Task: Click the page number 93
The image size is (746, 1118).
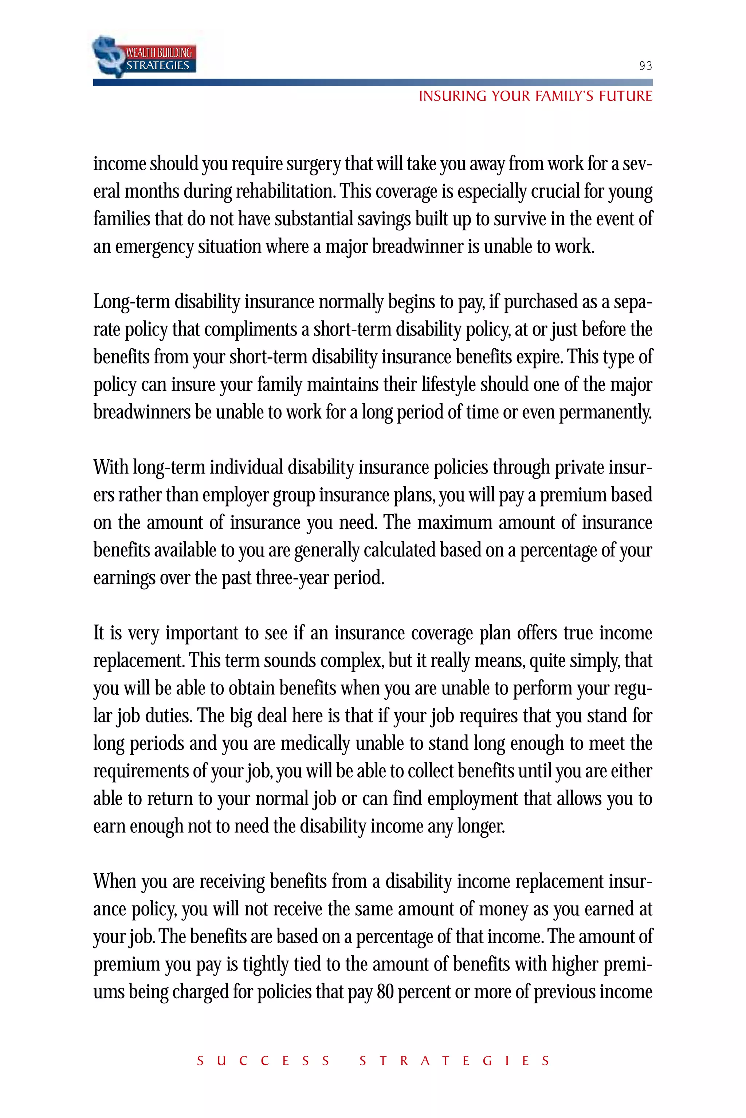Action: [x=645, y=66]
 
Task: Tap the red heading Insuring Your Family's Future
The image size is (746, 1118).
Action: [x=535, y=96]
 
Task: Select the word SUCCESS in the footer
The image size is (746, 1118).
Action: [x=263, y=1061]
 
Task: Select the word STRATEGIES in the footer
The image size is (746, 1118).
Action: [x=454, y=1061]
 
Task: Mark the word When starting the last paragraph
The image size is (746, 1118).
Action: [x=114, y=881]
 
